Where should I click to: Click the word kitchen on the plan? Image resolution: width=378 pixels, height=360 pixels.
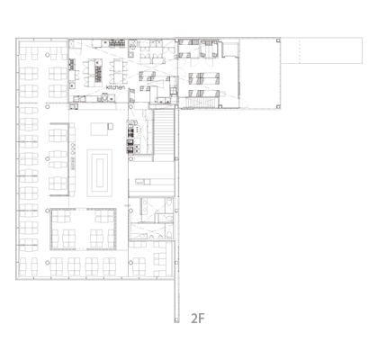coord(115,87)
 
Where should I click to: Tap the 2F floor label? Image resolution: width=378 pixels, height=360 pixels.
coord(198,319)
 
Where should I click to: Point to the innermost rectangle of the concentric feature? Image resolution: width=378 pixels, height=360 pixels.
coord(100,173)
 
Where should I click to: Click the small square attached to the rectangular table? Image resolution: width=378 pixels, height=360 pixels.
coord(111,126)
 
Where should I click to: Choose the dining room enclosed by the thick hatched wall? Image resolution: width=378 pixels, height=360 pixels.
coord(83,229)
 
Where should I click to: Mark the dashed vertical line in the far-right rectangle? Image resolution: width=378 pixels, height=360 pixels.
coord(300,50)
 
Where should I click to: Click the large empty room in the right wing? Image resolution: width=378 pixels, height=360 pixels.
coord(259,73)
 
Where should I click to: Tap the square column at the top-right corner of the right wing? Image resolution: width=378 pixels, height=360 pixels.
coord(278,40)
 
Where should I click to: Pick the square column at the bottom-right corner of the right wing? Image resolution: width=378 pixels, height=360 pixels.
coord(278,106)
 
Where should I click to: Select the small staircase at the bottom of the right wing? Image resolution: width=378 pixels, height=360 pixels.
coord(199,103)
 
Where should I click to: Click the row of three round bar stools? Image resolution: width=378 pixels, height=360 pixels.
coord(73,148)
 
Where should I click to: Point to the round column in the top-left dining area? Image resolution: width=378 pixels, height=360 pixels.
coord(47,55)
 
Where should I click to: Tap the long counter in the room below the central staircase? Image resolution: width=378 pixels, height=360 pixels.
coord(142,182)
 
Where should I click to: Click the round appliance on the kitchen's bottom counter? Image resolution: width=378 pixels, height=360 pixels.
coord(104,97)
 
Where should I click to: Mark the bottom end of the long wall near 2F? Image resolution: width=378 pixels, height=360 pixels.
coord(176,321)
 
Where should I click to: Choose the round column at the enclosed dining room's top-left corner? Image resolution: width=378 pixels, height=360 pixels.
coord(48,211)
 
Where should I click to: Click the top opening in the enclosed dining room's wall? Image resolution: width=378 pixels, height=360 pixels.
coord(83,210)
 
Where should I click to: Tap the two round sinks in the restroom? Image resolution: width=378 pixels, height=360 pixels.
coord(145,207)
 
